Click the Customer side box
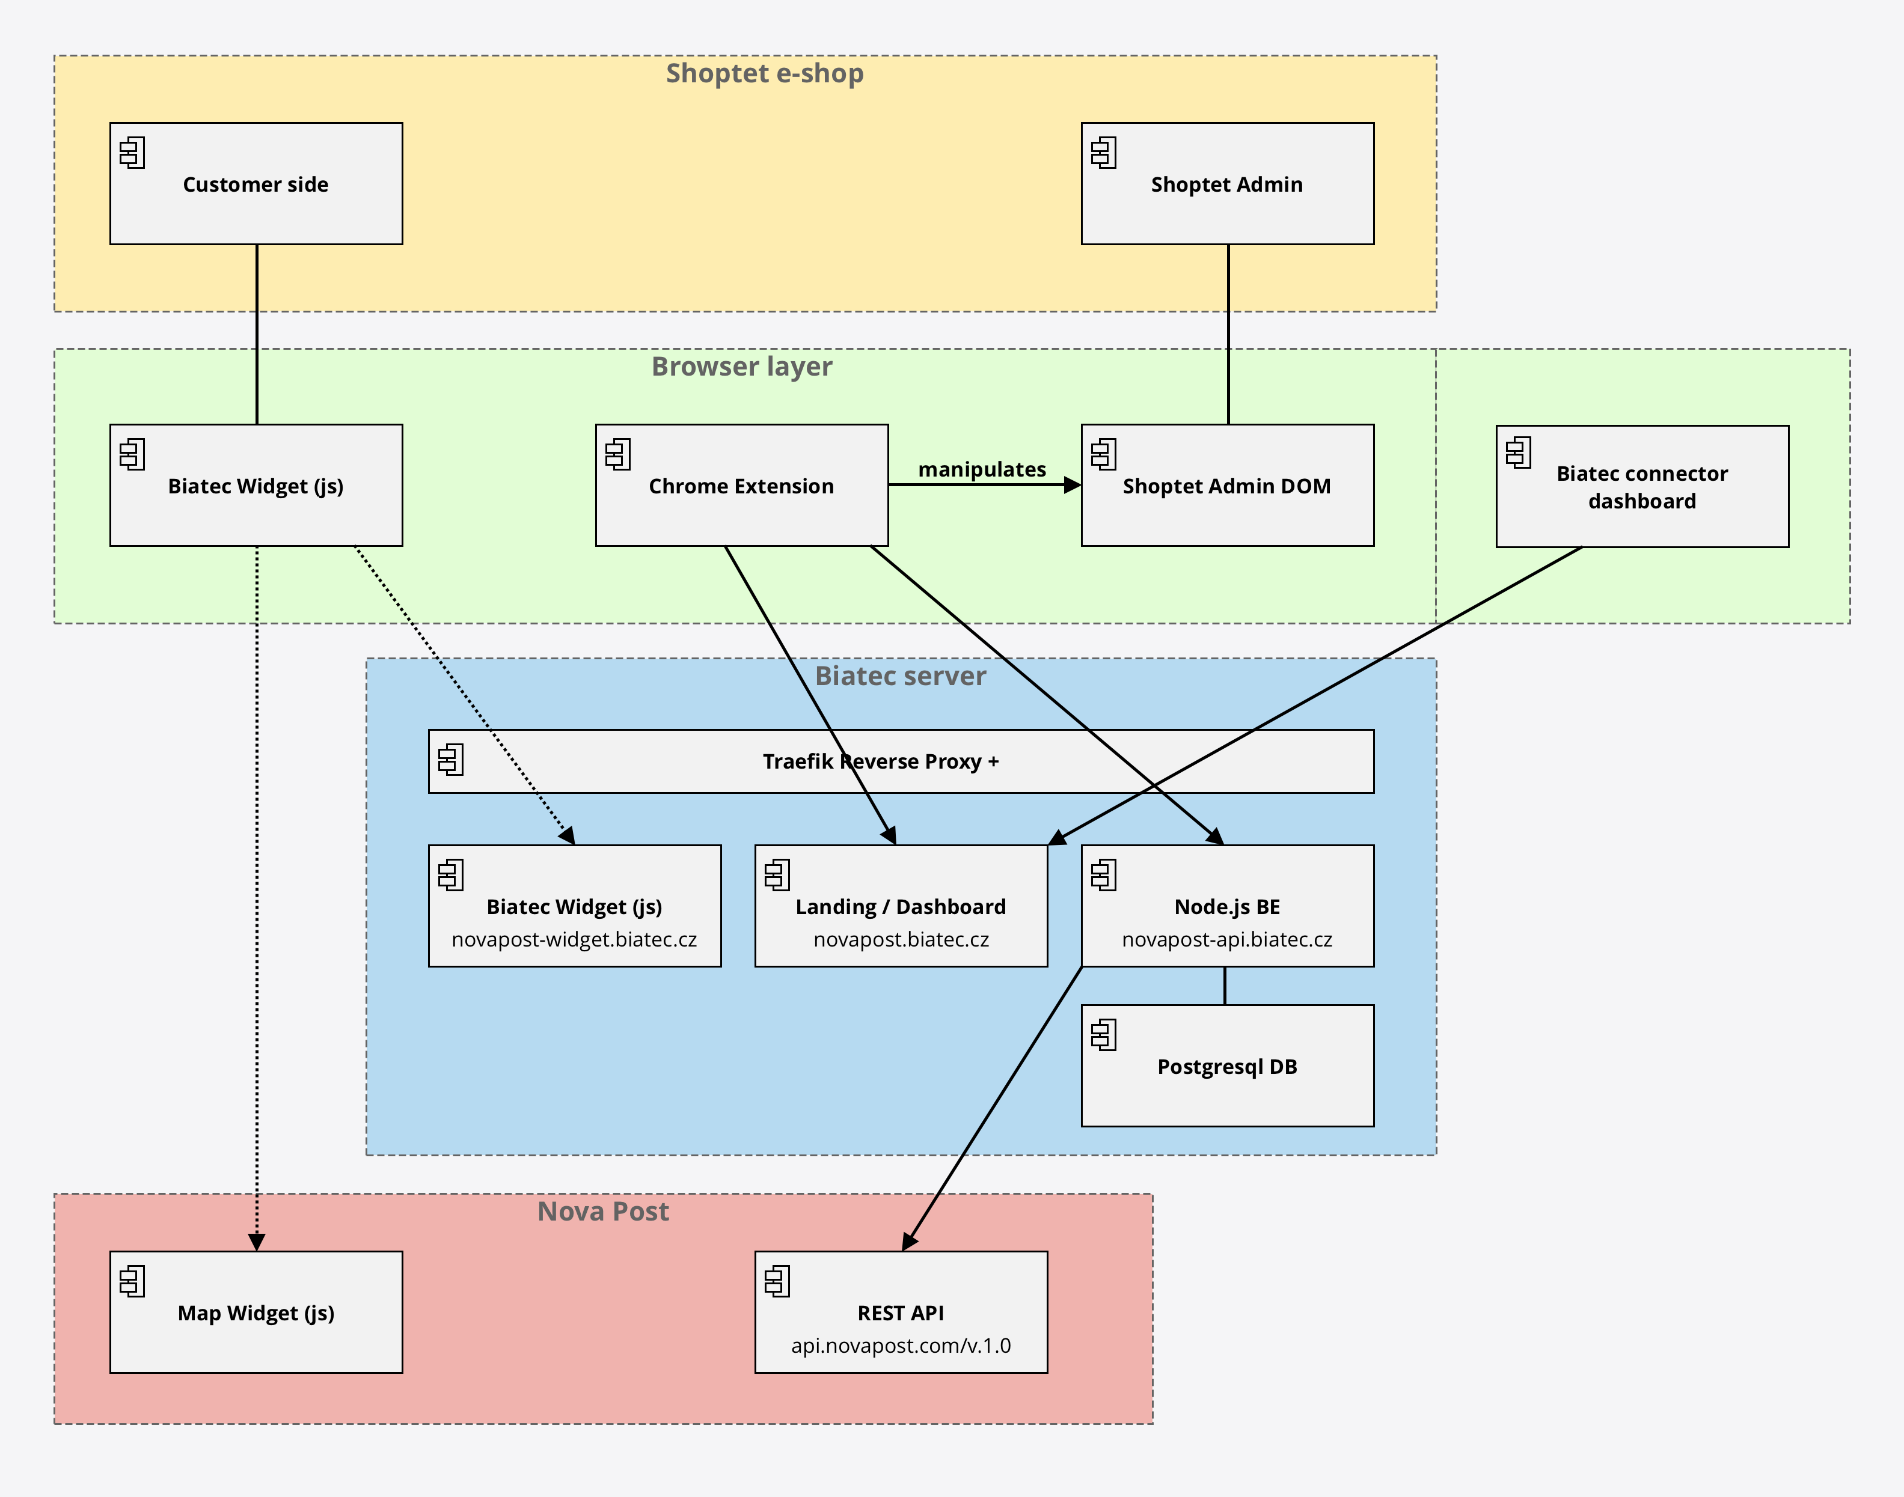coord(256,183)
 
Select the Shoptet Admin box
coord(1227,183)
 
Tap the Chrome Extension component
coord(742,486)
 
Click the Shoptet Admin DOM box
coord(1227,486)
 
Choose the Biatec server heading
coord(900,675)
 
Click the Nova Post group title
coord(603,1212)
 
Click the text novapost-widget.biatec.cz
coord(574,939)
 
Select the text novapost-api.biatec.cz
coord(1227,939)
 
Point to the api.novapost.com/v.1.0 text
coord(900,1346)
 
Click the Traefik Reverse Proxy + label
coord(880,761)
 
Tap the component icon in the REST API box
coord(777,1281)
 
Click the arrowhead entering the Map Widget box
coord(257,1242)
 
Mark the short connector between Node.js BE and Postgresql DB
coord(1225,986)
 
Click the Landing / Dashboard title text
coord(900,906)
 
